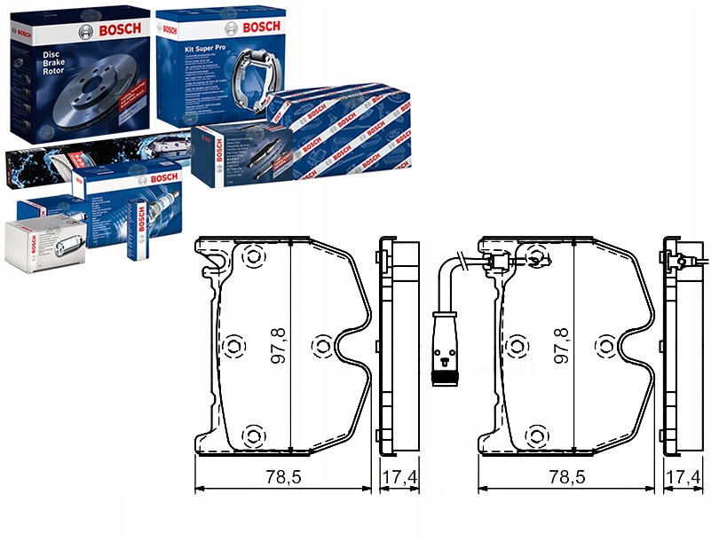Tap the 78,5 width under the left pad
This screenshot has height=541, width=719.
[x=283, y=476]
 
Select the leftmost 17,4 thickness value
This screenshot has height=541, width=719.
[x=399, y=476]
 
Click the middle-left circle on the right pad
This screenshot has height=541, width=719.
[x=517, y=344]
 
